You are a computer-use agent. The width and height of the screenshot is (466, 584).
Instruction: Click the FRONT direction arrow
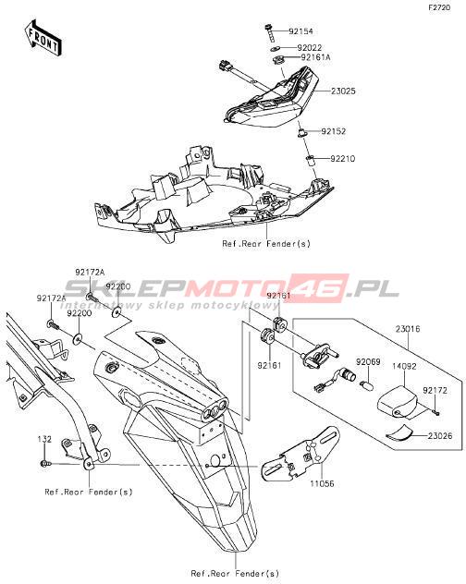(x=43, y=38)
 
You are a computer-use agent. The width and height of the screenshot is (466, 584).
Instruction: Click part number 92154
(x=300, y=31)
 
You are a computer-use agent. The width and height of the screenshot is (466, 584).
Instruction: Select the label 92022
(x=309, y=48)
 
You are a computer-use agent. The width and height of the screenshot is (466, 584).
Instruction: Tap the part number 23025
(x=343, y=91)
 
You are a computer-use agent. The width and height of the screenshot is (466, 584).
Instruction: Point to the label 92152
(x=334, y=131)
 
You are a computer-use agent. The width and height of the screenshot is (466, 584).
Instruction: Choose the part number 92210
(x=343, y=159)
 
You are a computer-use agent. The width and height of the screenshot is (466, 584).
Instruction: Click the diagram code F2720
(x=439, y=7)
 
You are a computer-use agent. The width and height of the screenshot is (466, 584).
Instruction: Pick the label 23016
(x=408, y=329)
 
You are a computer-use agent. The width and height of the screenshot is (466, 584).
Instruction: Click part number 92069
(x=368, y=361)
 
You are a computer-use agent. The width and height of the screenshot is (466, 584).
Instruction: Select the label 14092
(x=404, y=366)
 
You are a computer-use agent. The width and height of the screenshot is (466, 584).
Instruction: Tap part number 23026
(x=440, y=436)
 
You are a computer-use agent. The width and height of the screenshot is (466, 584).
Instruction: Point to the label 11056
(x=322, y=484)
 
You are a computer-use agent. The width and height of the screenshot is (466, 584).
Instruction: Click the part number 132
(x=44, y=440)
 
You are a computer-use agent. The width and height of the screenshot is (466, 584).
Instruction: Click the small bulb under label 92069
(x=366, y=384)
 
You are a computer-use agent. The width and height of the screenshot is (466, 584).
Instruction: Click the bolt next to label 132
(x=44, y=464)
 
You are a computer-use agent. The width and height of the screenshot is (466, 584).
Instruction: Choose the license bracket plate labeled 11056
(x=300, y=455)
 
